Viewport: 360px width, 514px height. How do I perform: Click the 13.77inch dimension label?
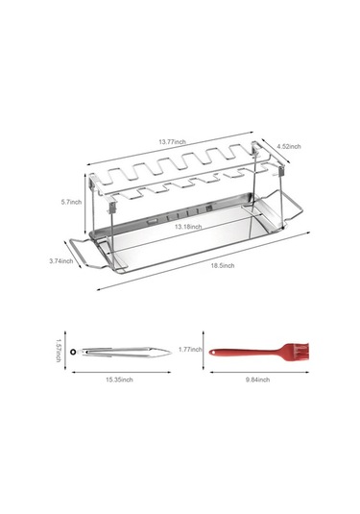pyautogui.click(x=172, y=142)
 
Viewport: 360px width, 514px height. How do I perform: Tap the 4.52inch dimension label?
pyautogui.click(x=289, y=147)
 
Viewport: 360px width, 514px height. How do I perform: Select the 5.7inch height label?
pyautogui.click(x=71, y=202)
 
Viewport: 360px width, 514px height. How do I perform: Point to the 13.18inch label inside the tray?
pyautogui.click(x=188, y=227)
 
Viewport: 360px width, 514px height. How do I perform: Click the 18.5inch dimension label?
pyautogui.click(x=223, y=265)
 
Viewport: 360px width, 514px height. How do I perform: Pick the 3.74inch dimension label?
pyautogui.click(x=61, y=261)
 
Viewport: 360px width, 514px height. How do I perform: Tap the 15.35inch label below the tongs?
pyautogui.click(x=119, y=379)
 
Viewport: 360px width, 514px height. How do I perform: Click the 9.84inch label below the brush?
pyautogui.click(x=258, y=379)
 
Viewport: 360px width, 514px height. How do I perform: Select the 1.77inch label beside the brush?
pyautogui.click(x=190, y=350)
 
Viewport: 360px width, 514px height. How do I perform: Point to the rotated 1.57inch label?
pyautogui.click(x=59, y=351)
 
